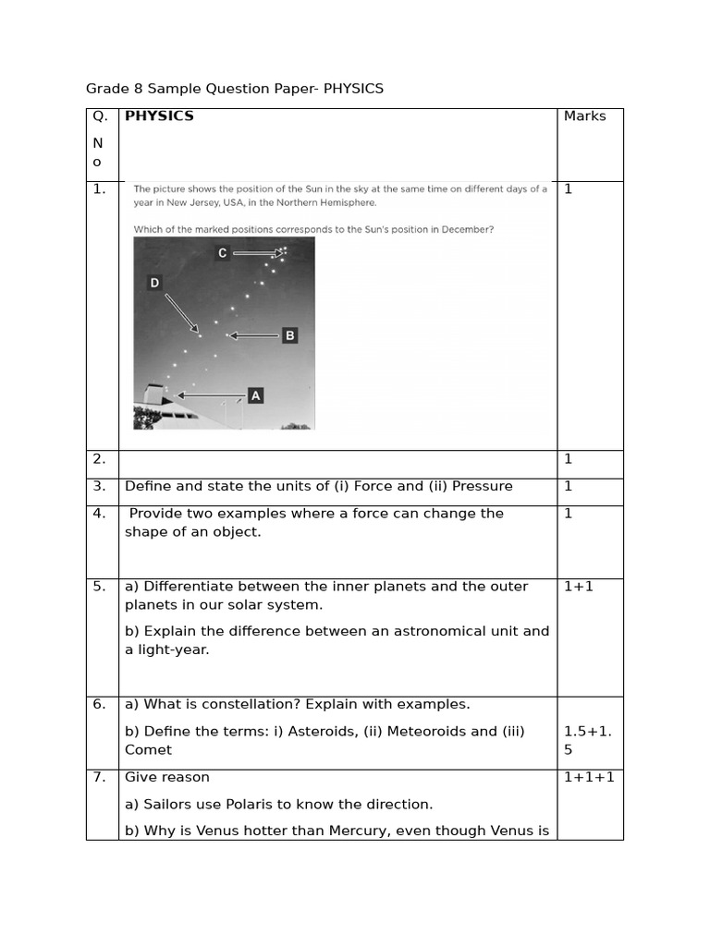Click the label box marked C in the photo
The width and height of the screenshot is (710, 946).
pyautogui.click(x=222, y=253)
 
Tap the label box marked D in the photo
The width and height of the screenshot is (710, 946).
pyautogui.click(x=154, y=283)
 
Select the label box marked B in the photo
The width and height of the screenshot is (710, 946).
pyautogui.click(x=289, y=335)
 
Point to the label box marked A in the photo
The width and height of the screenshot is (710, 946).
pyautogui.click(x=256, y=395)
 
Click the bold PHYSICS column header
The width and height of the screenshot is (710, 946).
pyautogui.click(x=159, y=116)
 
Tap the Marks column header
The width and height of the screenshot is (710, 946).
pyautogui.click(x=584, y=116)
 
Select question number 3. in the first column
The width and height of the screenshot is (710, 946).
pyautogui.click(x=99, y=486)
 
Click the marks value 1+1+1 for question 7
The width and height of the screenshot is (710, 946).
pyautogui.click(x=589, y=777)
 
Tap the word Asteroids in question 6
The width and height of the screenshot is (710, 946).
pyautogui.click(x=346, y=731)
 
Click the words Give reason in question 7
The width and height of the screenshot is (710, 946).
pyautogui.click(x=167, y=777)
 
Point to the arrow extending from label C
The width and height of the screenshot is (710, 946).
pyautogui.click(x=258, y=252)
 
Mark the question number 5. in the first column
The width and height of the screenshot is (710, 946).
pyautogui.click(x=99, y=586)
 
